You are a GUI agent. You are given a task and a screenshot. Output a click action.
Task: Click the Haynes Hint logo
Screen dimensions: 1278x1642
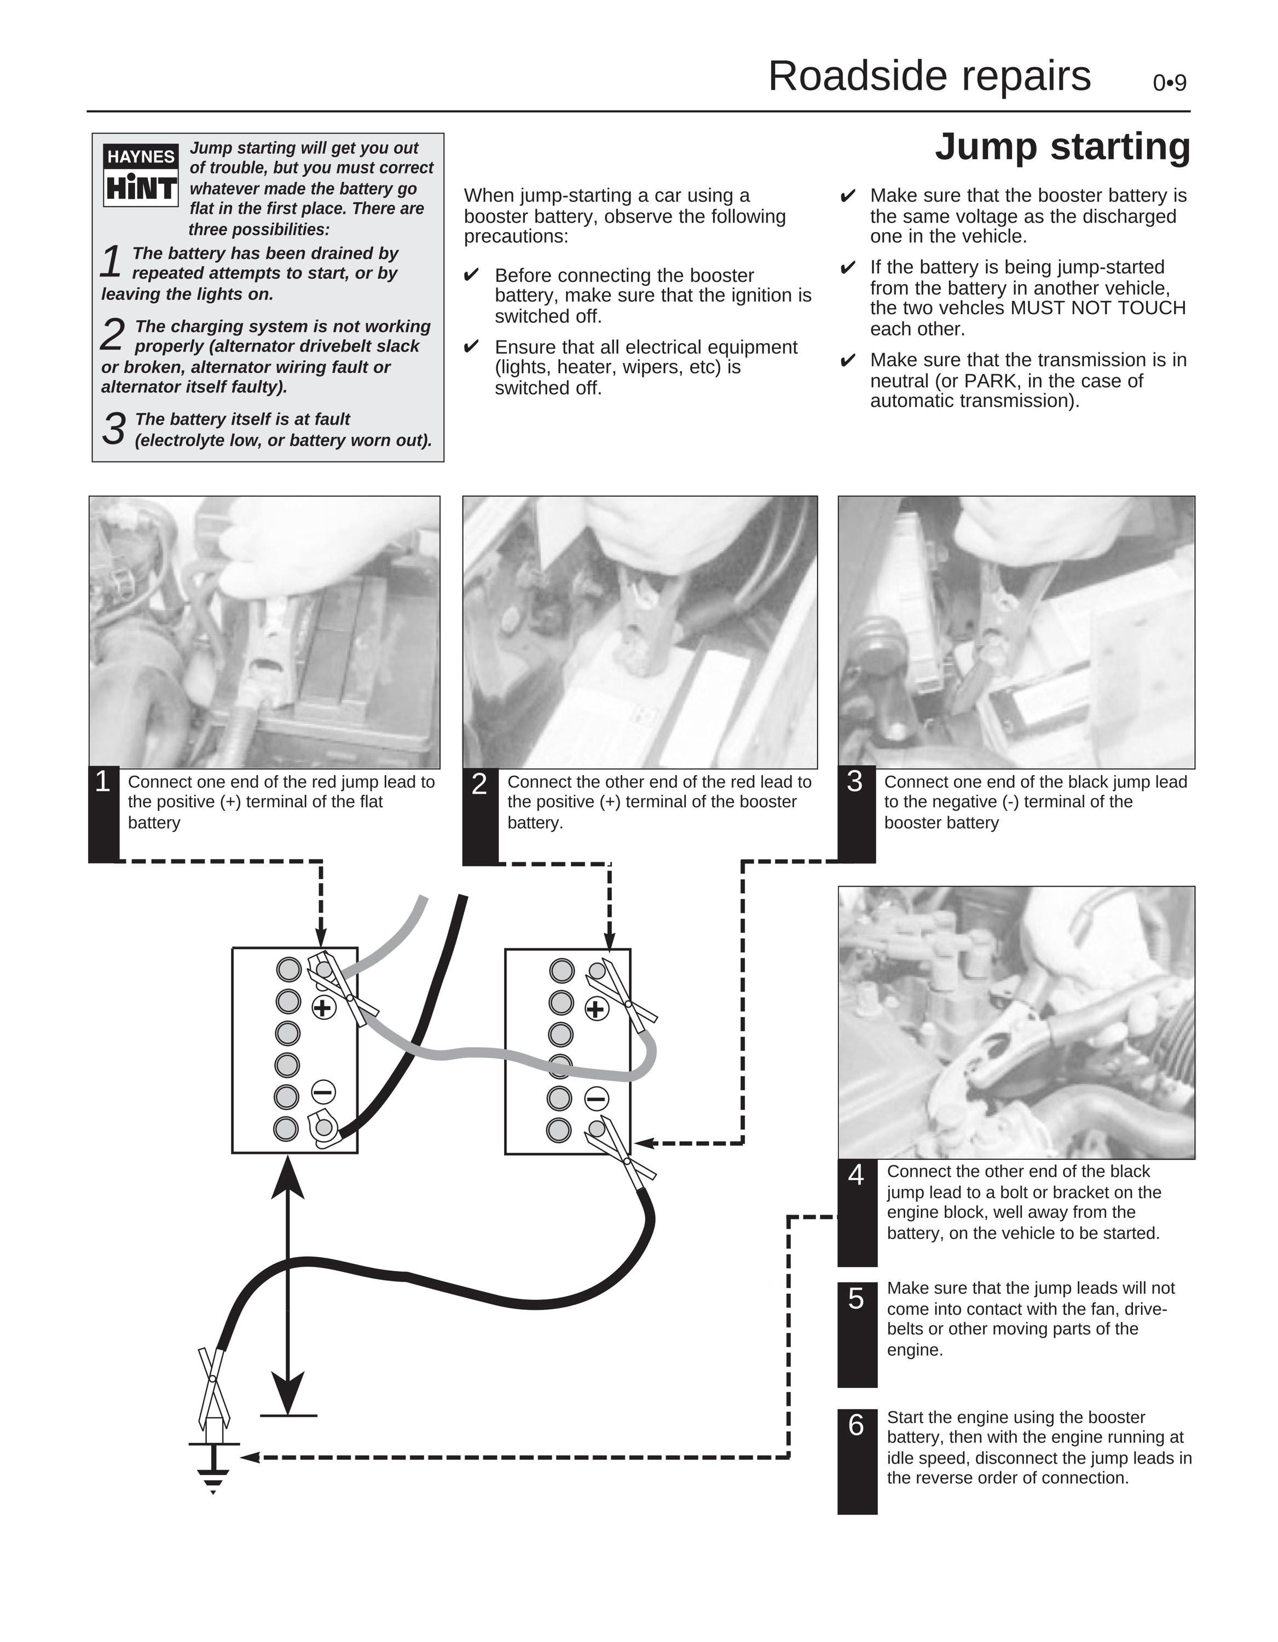click(141, 175)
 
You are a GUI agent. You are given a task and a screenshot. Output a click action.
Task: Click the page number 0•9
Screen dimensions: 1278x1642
click(1170, 83)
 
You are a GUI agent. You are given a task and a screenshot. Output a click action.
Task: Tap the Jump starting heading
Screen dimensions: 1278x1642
click(1062, 146)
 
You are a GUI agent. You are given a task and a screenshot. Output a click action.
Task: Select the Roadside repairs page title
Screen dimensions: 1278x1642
click(929, 76)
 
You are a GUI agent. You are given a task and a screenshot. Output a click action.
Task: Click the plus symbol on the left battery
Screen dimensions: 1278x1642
click(323, 1008)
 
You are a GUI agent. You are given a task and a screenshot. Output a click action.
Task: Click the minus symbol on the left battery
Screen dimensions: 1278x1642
click(323, 1092)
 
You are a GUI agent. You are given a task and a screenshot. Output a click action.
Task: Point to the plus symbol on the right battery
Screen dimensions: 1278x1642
click(596, 1009)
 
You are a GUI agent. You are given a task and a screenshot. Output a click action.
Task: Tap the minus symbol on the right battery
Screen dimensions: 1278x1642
click(596, 1099)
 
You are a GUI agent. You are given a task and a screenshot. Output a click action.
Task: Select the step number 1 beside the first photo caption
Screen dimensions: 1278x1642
click(103, 782)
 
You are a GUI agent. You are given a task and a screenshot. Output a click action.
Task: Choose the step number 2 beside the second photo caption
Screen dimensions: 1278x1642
click(479, 784)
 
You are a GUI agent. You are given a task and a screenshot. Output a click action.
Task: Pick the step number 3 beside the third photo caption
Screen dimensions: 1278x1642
click(855, 782)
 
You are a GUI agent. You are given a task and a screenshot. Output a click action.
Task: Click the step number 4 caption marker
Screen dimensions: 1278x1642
click(856, 1175)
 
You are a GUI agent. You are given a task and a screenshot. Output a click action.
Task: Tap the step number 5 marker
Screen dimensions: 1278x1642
click(856, 1298)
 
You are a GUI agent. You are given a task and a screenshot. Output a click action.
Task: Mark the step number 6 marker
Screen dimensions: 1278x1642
click(856, 1425)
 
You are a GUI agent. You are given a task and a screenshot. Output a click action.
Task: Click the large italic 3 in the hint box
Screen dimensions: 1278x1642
click(113, 429)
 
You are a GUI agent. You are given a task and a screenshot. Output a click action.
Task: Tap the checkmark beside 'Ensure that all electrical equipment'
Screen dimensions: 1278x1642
click(471, 346)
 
